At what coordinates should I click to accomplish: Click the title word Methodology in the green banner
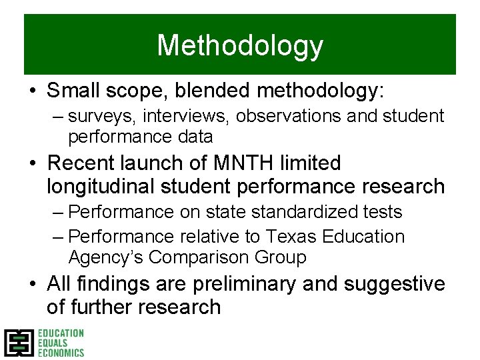[x=240, y=46]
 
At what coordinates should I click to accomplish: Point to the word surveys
[x=97, y=116]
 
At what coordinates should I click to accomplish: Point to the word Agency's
[x=106, y=257]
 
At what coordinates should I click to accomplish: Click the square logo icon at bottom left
[x=18, y=343]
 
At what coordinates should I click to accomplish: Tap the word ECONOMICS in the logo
[x=61, y=353]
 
